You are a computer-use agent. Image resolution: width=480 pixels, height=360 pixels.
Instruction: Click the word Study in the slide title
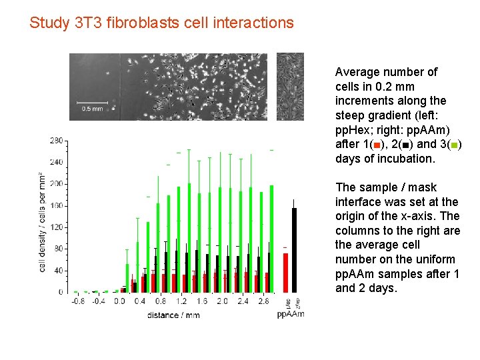pyautogui.click(x=49, y=23)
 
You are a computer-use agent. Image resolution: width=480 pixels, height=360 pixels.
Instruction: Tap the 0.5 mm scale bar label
pyautogui.click(x=92, y=108)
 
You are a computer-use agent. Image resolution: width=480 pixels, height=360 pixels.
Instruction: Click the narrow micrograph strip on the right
pyautogui.click(x=290, y=87)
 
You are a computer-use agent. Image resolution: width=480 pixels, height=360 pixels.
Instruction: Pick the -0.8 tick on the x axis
pyautogui.click(x=78, y=301)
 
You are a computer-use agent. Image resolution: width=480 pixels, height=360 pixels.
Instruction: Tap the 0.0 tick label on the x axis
pyautogui.click(x=119, y=301)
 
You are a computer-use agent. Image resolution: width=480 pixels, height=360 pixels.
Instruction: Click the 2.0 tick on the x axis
pyautogui.click(x=222, y=301)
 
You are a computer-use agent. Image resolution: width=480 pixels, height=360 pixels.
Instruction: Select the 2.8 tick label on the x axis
pyautogui.click(x=263, y=301)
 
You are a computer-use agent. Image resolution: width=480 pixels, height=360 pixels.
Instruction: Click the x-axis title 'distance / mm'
pyautogui.click(x=173, y=315)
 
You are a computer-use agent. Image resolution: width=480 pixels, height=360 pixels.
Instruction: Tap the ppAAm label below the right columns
pyautogui.click(x=290, y=314)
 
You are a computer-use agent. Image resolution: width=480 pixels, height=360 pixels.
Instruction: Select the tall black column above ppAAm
pyautogui.click(x=295, y=250)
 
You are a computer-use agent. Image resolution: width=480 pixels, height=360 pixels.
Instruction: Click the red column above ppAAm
pyautogui.click(x=285, y=273)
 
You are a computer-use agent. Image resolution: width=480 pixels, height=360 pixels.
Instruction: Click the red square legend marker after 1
pyautogui.click(x=377, y=145)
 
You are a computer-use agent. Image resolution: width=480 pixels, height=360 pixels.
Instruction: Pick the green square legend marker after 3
pyautogui.click(x=454, y=145)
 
